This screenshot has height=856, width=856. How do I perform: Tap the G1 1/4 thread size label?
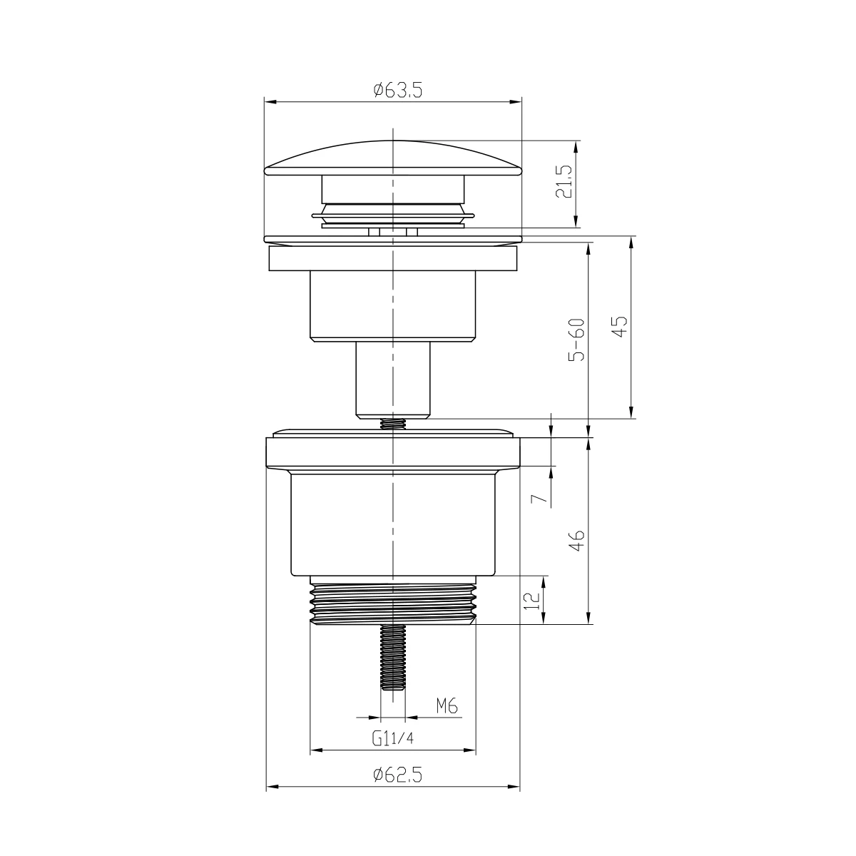[x=392, y=738]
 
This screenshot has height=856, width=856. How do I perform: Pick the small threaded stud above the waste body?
[x=393, y=424]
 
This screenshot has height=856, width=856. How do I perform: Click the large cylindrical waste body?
[x=393, y=524]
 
